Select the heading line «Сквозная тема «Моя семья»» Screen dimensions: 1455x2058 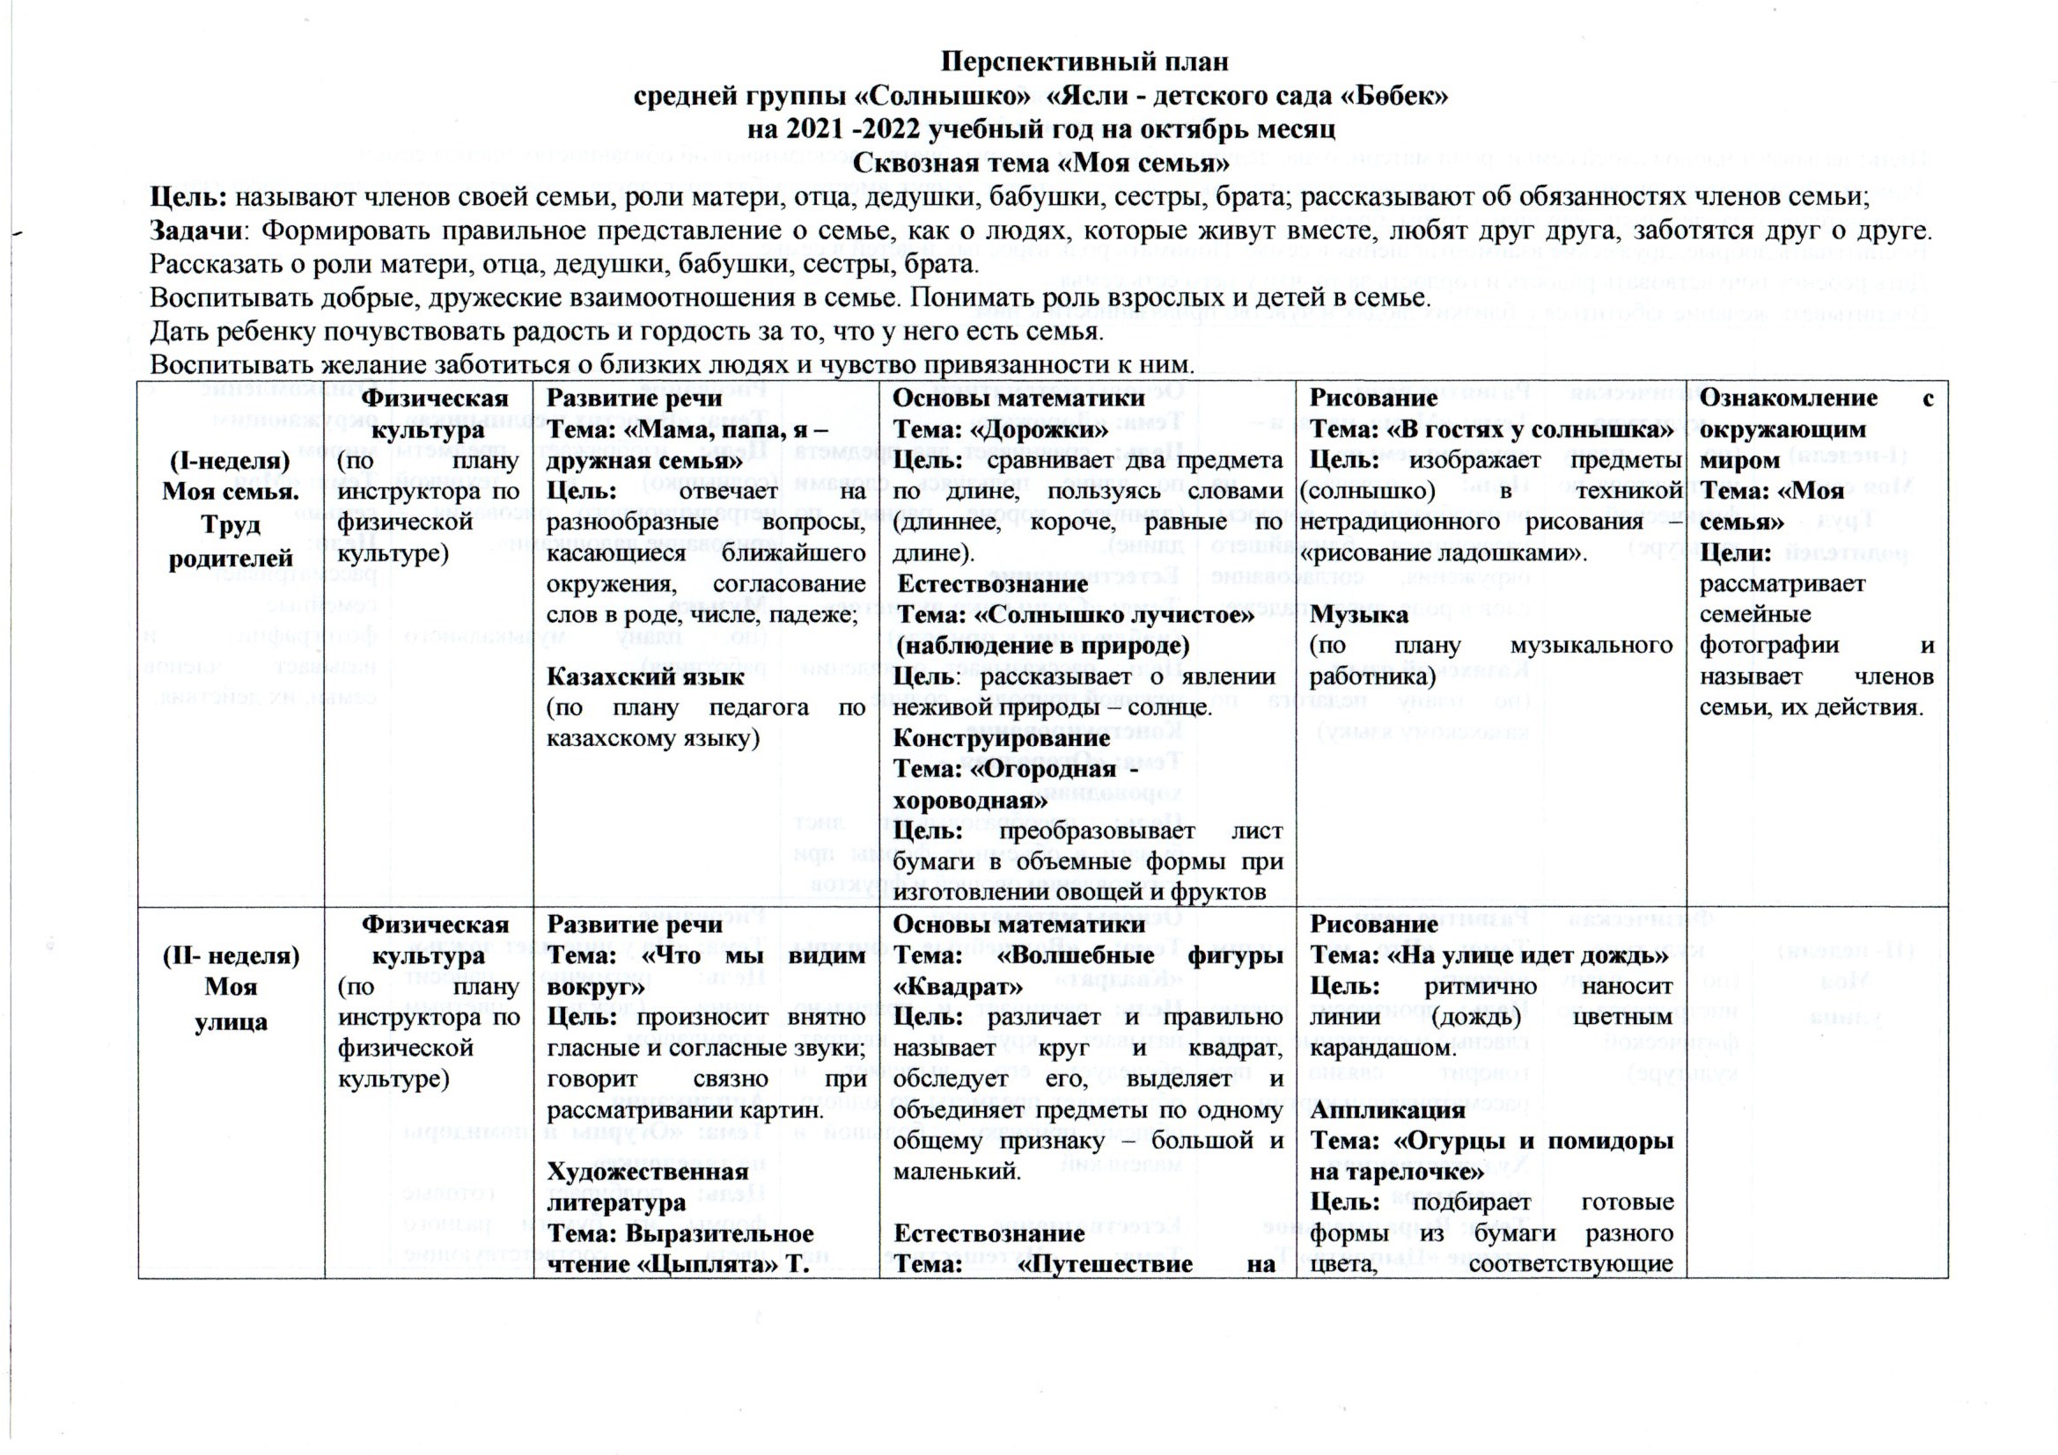1040,163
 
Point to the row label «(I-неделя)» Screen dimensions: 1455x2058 230,462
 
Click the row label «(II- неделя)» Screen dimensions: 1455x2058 231,956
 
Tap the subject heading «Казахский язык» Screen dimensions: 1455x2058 645,676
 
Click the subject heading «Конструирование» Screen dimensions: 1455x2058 1002,738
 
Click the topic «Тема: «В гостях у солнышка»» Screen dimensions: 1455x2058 1491,430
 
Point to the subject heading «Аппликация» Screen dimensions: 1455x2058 1375,1110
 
